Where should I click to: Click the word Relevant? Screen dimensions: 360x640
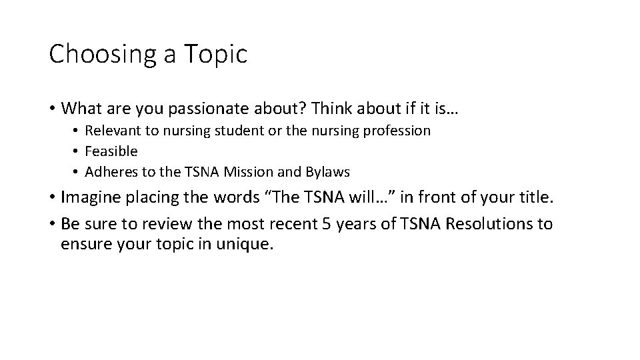pos(111,131)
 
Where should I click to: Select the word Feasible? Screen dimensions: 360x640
pos(111,151)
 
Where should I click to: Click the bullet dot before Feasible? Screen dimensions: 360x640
pos(77,151)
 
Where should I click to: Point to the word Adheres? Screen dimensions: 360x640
pos(111,172)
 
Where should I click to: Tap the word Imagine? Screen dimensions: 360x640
pos(89,197)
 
